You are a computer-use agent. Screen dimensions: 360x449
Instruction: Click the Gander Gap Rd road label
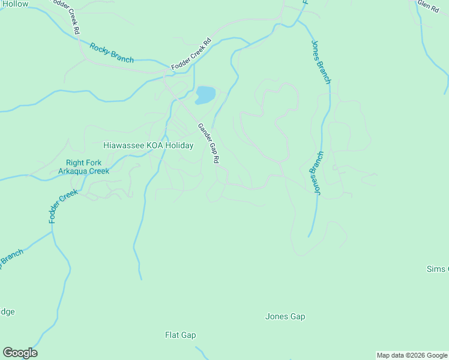click(209, 143)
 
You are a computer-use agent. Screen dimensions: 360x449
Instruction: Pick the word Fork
click(94, 163)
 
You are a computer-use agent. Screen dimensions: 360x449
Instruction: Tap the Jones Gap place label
click(285, 316)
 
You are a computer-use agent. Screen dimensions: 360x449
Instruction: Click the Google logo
click(20, 353)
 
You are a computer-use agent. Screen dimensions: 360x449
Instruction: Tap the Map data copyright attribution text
click(412, 355)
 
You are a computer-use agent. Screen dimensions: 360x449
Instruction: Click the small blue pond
click(205, 95)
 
